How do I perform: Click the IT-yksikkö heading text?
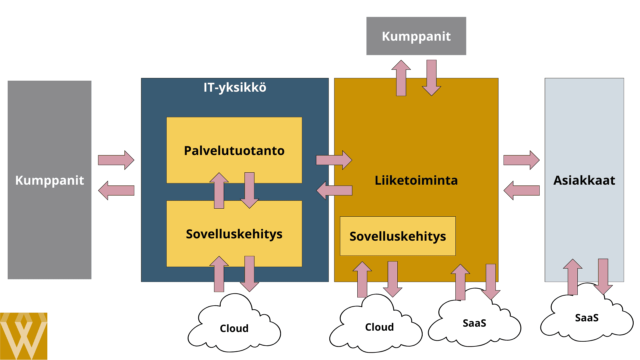[235, 87]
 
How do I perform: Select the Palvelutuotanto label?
[234, 151]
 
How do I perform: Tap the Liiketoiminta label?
[416, 180]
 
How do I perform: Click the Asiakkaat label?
[584, 180]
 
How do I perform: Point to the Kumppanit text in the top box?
[416, 36]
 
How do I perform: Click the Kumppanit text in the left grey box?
[49, 180]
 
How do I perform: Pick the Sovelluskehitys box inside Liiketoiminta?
[397, 236]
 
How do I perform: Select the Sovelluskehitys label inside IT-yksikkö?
[234, 234]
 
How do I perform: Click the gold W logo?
[23, 336]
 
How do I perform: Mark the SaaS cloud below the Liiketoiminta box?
[474, 323]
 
